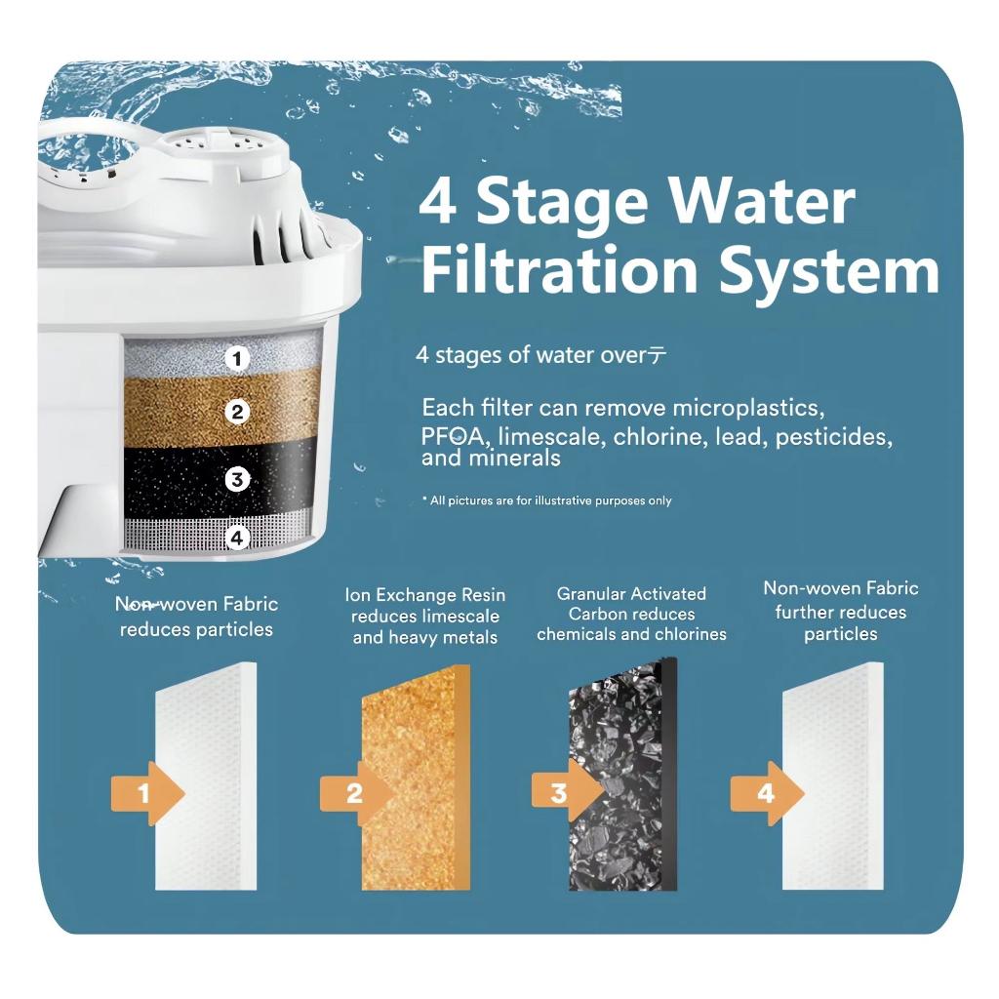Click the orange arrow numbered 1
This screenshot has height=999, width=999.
pos(147,793)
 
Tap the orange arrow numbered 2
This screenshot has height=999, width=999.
pos(356,793)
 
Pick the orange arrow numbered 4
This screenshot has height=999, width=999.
pos(767,793)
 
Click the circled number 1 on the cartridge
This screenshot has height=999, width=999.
pos(237,359)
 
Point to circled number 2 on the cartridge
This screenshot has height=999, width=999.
pos(237,413)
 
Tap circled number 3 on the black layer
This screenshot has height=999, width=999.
pos(237,478)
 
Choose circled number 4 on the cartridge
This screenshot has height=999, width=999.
pos(237,539)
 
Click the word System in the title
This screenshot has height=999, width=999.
pos(829,273)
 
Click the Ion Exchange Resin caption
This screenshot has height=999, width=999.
pos(425,617)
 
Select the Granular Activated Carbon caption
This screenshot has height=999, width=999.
pos(631,615)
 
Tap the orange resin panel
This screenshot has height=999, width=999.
pos(416,778)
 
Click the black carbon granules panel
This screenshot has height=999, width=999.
pos(622,775)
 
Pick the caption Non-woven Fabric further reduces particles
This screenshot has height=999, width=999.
pos(841,611)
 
